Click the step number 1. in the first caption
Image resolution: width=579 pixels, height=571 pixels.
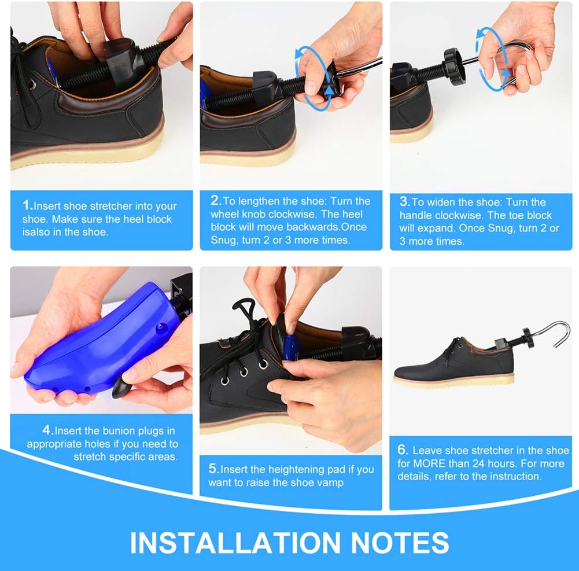pyautogui.click(x=27, y=205)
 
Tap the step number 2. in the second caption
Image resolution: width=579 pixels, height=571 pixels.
pyautogui.click(x=216, y=201)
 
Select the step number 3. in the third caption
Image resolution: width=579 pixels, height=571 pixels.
pyautogui.click(x=404, y=202)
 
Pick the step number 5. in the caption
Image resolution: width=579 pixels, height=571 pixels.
pyautogui.click(x=213, y=469)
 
